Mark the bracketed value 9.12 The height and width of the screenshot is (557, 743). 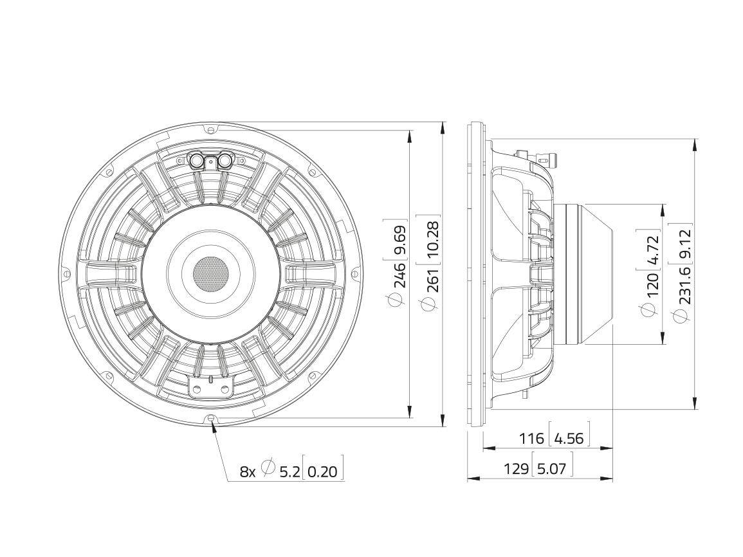[x=683, y=244]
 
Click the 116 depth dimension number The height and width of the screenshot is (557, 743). [x=531, y=439]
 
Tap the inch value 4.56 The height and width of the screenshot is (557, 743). [x=569, y=439]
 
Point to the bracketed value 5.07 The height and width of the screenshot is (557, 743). [x=551, y=469]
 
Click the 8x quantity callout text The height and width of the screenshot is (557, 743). [x=248, y=471]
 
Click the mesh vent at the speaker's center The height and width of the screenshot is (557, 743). [x=210, y=272]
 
